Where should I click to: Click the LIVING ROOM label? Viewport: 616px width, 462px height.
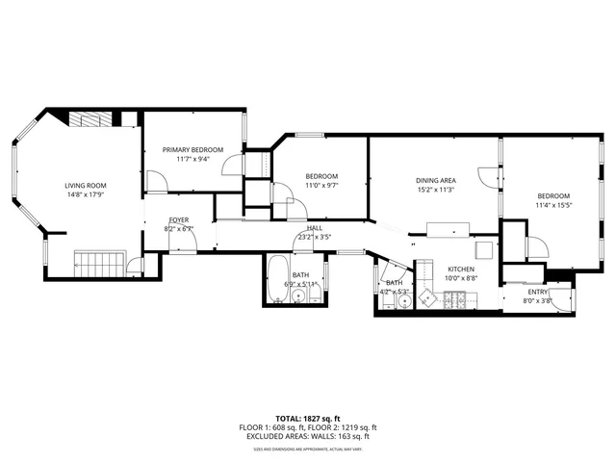pyautogui.click(x=86, y=186)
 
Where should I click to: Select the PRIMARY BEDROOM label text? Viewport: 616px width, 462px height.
pyautogui.click(x=192, y=149)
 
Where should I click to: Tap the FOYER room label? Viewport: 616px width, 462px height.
pyautogui.click(x=179, y=220)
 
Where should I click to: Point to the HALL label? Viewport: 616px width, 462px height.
pyautogui.click(x=315, y=228)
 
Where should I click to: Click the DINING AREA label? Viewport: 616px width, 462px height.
pyautogui.click(x=435, y=180)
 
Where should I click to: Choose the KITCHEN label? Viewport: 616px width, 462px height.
pyautogui.click(x=462, y=269)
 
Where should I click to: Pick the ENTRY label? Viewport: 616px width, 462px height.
pyautogui.click(x=537, y=292)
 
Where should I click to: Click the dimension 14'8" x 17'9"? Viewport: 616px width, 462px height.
pyautogui.click(x=86, y=195)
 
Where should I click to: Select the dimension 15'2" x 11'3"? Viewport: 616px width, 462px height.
pyautogui.click(x=435, y=190)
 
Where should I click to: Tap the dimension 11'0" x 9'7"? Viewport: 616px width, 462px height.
pyautogui.click(x=321, y=185)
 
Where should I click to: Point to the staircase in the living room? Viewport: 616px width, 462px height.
pyautogui.click(x=101, y=263)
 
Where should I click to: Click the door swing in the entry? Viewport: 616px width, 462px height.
pyautogui.click(x=561, y=299)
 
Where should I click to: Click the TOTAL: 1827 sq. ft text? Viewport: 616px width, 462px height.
pyautogui.click(x=309, y=419)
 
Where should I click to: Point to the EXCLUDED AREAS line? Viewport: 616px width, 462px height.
pyautogui.click(x=309, y=436)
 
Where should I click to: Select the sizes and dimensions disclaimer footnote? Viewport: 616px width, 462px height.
pyautogui.click(x=309, y=449)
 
